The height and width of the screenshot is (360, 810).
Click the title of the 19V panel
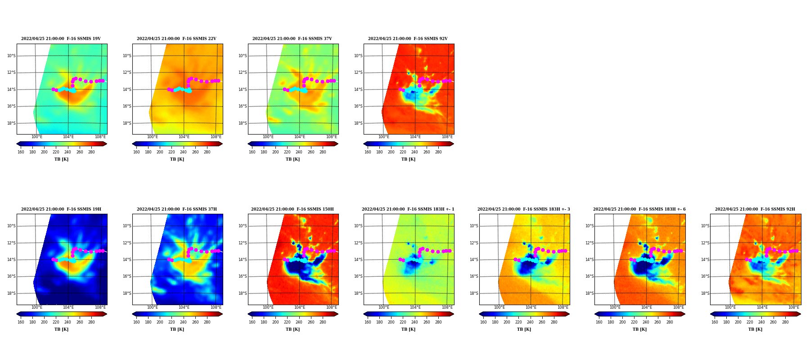tap(61, 39)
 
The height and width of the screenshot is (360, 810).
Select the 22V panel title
tap(176, 39)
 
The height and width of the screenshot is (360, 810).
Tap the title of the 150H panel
tap(292, 209)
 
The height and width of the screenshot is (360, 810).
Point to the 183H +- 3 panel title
tap(523, 209)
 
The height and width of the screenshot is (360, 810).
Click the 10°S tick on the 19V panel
tap(11, 56)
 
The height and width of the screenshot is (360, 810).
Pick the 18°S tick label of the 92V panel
tap(358, 123)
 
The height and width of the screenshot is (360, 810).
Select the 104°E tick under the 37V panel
tap(300, 137)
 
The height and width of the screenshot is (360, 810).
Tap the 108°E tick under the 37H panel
tap(216, 307)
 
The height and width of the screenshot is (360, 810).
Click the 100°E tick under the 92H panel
tap(730, 307)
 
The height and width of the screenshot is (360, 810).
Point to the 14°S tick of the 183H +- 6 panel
tap(589, 260)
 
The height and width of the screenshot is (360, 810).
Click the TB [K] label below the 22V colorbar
tap(177, 159)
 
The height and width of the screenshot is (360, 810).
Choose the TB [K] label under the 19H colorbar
tap(61, 329)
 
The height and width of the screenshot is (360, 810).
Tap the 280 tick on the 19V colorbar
tap(91, 152)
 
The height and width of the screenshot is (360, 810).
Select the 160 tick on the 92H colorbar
tap(715, 322)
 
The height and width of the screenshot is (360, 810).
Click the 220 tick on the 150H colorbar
tap(287, 322)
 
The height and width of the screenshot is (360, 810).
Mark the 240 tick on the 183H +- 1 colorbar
tap(414, 322)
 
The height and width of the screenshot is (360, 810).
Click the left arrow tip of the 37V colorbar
tap(248, 144)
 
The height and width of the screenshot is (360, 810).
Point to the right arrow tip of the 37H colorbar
tap(223, 314)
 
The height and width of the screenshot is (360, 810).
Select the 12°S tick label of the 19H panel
tap(11, 243)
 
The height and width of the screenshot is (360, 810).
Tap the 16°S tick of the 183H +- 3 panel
tap(474, 277)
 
